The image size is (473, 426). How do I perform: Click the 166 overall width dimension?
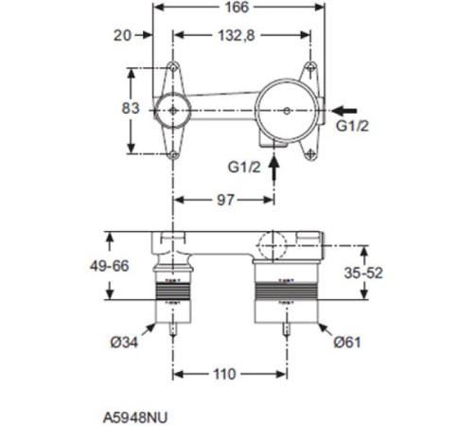coord(237,9)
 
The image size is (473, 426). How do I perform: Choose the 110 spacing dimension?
coord(224,374)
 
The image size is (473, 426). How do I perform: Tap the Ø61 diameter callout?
coord(353,341)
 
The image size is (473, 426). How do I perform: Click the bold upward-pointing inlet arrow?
coord(274,168)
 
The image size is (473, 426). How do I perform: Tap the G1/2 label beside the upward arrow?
coord(244,168)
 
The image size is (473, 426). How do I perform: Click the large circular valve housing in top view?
coord(287,110)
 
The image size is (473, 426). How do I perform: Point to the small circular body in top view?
coord(173,110)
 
